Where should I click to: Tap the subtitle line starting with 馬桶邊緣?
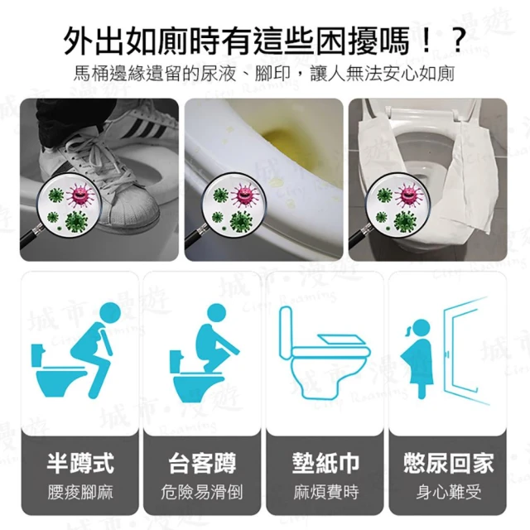pyautogui.click(x=264, y=74)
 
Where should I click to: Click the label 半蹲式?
pyautogui.click(x=80, y=463)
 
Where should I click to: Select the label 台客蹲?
pyautogui.click(x=202, y=463)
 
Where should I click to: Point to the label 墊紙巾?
pyautogui.click(x=325, y=463)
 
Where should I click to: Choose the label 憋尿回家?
pyautogui.click(x=448, y=463)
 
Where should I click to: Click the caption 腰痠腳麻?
pyautogui.click(x=80, y=492)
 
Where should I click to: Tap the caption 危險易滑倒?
pyautogui.click(x=202, y=492)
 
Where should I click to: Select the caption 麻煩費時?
pyautogui.click(x=325, y=492)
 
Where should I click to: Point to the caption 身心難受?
pyautogui.click(x=448, y=492)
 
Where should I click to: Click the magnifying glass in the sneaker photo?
pyautogui.click(x=68, y=206)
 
